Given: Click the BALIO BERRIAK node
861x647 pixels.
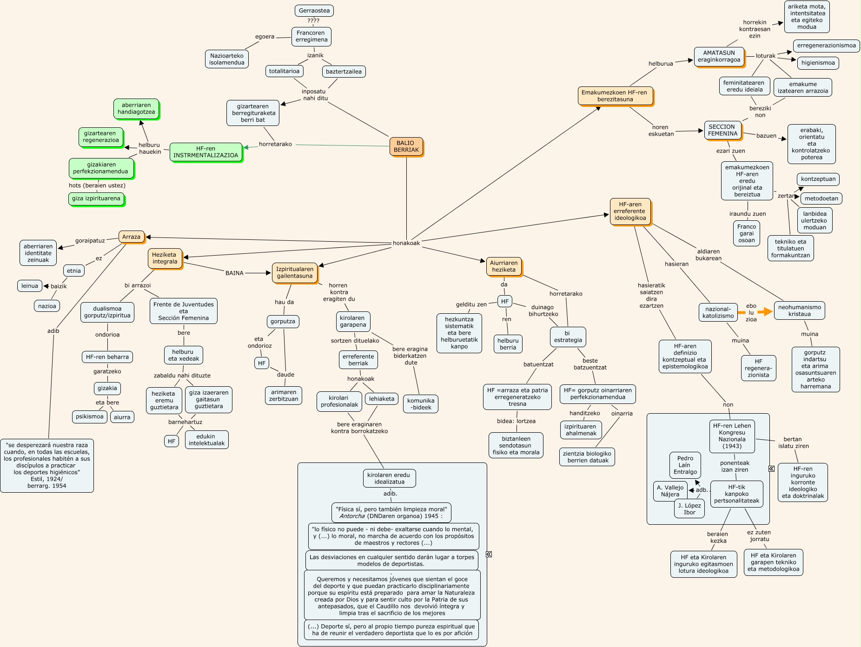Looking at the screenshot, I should [406, 146].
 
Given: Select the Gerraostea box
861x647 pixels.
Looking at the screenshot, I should [314, 11].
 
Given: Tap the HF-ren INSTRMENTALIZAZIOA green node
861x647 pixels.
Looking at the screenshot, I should [205, 152].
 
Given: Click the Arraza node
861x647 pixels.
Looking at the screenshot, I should [131, 237].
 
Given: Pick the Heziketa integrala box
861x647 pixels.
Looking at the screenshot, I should [165, 258].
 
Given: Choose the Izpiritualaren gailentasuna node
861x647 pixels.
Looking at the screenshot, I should [294, 272].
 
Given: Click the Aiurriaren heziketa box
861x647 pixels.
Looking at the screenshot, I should [503, 266].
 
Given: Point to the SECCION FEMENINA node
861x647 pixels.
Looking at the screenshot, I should [722, 130].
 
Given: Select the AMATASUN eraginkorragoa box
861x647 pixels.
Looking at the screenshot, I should [719, 56].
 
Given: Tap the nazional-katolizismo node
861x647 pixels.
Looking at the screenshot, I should [718, 312].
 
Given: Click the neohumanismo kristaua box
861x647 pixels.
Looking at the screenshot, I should [799, 310].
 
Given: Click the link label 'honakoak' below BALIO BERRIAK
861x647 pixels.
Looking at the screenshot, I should [406, 243].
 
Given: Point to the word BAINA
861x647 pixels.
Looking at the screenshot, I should [234, 273].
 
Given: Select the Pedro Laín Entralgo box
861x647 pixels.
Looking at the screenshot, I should [685, 465].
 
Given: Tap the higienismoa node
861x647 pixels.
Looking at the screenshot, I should [818, 63].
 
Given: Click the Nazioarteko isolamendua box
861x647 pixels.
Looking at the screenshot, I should [226, 59].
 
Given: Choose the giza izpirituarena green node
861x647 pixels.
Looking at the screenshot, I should [96, 198].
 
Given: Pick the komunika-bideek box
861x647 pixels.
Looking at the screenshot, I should [420, 404].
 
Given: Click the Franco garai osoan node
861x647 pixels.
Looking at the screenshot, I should [746, 233].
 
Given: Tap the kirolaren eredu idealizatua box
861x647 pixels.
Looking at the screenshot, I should [389, 478].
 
